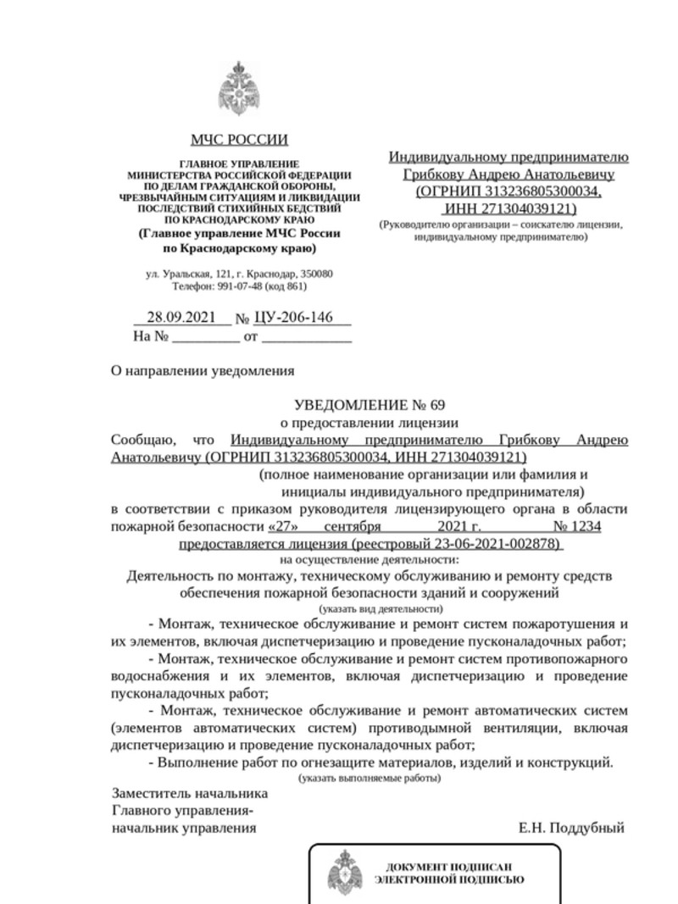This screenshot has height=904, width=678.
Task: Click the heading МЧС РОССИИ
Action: pos(239,140)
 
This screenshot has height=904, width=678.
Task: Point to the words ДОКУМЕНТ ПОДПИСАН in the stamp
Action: pos(448,867)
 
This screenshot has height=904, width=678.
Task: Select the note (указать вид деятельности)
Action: pos(381,609)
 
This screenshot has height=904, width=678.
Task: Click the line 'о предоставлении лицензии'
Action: pos(370,422)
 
